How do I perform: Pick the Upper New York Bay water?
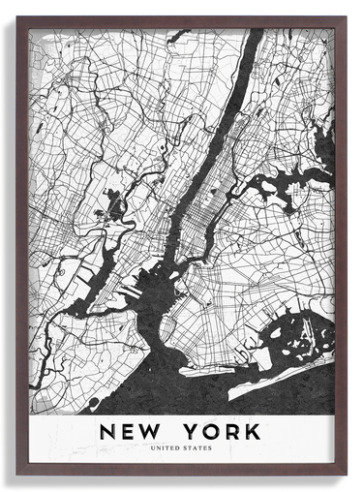[x=160, y=291]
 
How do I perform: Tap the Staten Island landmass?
[x=82, y=339]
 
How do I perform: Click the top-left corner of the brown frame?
[x=17, y=17]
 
